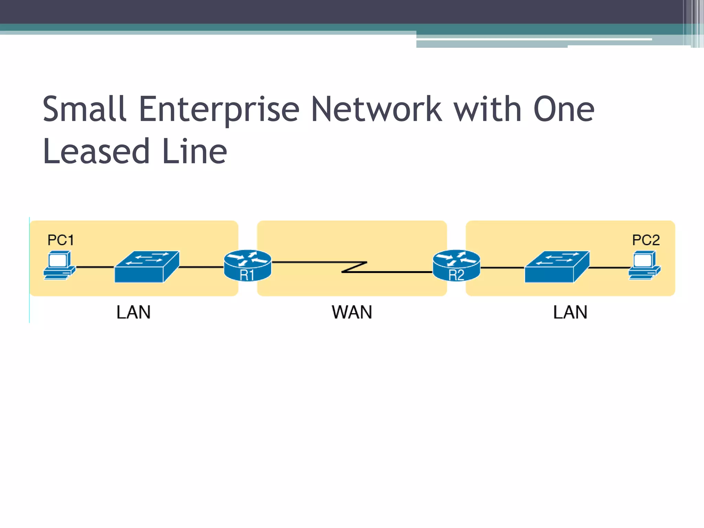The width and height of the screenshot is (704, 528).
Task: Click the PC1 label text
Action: (x=60, y=240)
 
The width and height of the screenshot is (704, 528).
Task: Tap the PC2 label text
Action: (x=646, y=240)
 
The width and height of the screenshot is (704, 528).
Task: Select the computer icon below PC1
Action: (x=59, y=265)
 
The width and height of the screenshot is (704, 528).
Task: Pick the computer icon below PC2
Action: (x=645, y=265)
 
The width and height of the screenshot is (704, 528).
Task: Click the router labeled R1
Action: (x=247, y=265)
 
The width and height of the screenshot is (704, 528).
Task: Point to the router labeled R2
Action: (x=456, y=265)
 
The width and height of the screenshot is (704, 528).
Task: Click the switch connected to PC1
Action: (x=147, y=267)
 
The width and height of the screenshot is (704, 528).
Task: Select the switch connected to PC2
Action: (x=557, y=267)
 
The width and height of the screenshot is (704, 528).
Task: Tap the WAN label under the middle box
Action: (x=352, y=312)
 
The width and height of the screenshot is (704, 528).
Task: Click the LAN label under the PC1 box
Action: (x=133, y=312)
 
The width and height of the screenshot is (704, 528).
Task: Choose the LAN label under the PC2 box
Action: (x=570, y=312)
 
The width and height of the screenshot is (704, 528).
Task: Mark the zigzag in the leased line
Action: (x=354, y=267)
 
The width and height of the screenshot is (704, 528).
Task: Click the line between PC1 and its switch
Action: (x=95, y=267)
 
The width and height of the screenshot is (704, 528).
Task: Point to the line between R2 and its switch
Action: (x=502, y=267)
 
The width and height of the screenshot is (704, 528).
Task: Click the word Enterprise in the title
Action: (x=219, y=109)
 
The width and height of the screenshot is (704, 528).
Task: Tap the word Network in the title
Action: (x=376, y=109)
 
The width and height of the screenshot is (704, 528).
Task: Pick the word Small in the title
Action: (x=84, y=109)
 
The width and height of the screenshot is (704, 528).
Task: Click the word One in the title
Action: (x=564, y=109)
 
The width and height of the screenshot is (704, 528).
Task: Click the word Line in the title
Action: (x=194, y=151)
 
